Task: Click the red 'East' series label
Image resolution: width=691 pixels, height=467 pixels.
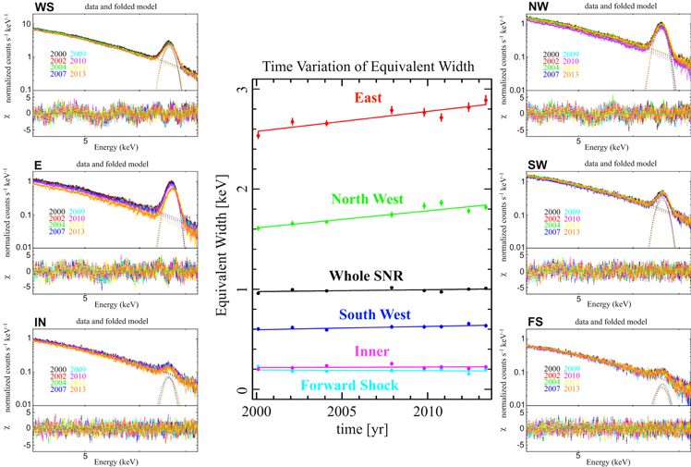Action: point(372,99)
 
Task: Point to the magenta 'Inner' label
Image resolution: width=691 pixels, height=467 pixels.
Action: point(370,352)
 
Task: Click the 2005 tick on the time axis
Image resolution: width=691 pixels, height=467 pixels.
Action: point(343,410)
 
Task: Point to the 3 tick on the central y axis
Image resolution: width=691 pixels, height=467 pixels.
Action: point(240,90)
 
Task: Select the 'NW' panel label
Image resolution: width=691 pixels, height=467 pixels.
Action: point(537,7)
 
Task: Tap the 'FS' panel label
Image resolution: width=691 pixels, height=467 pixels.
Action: point(535,324)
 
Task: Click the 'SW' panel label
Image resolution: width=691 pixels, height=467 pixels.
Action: point(537,165)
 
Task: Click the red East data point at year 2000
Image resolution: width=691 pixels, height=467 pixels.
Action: point(258,135)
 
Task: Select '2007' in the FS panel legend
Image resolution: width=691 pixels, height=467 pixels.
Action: point(552,388)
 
